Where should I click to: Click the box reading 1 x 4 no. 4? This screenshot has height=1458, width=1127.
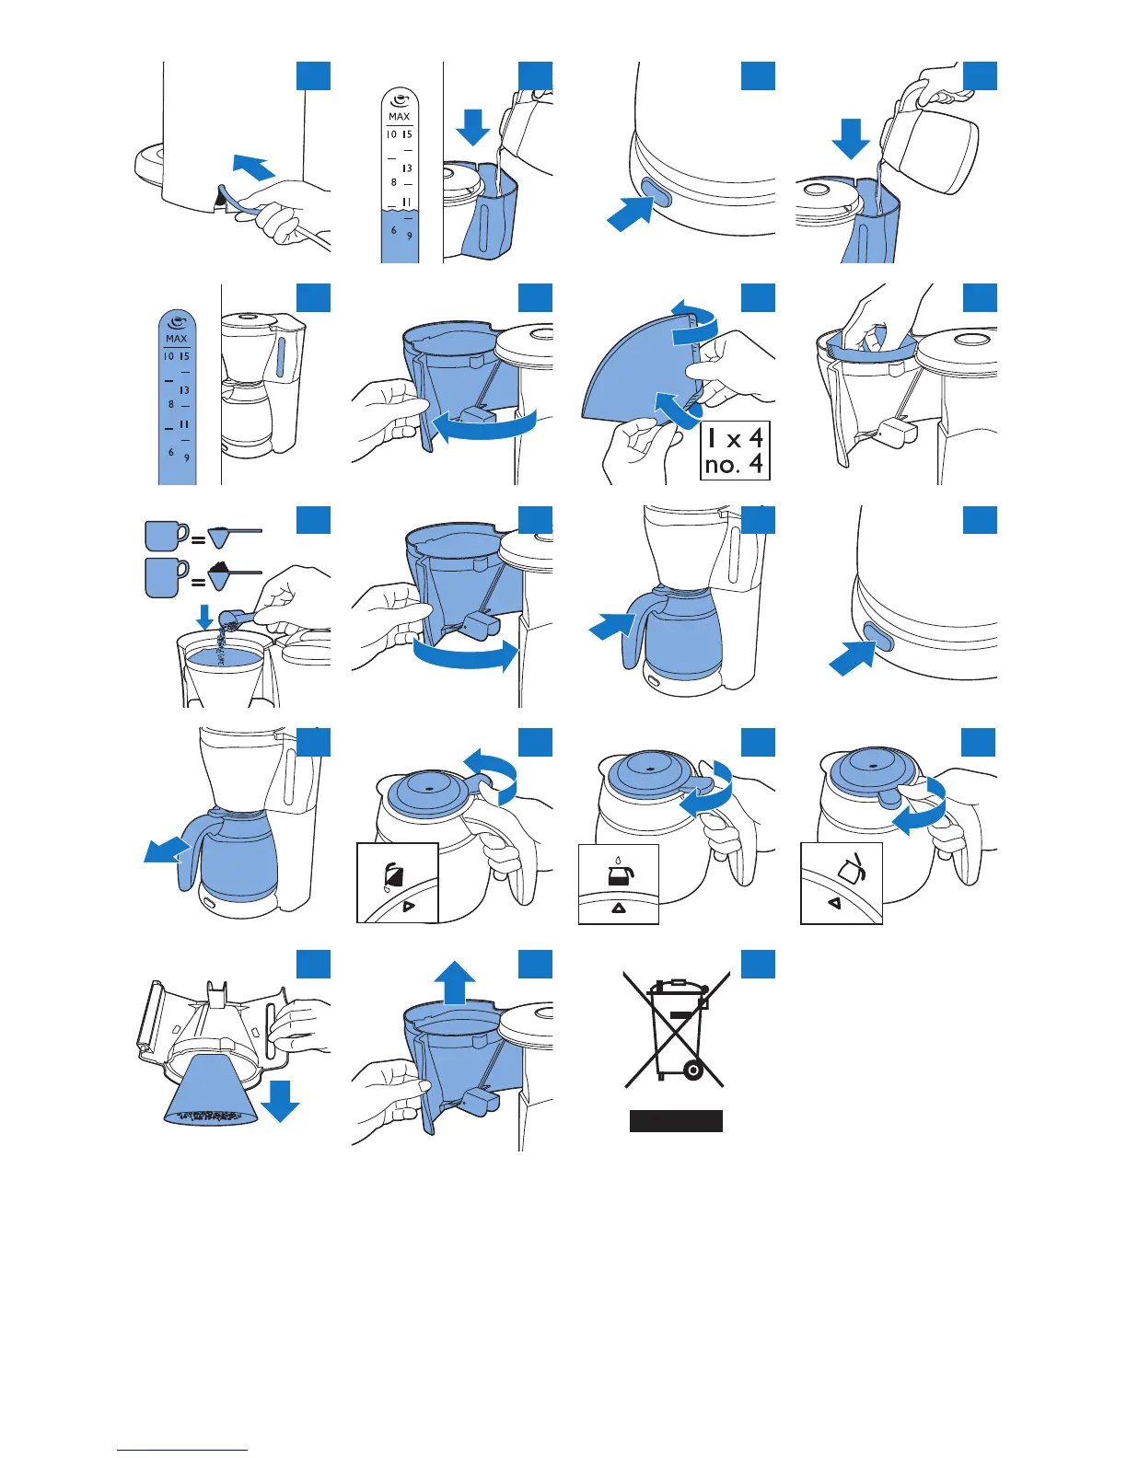pyautogui.click(x=734, y=451)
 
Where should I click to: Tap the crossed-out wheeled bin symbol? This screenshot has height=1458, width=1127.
pyautogui.click(x=677, y=1029)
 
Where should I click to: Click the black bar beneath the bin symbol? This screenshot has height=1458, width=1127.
pyautogui.click(x=676, y=1120)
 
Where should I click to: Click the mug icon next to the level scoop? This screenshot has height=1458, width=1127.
pyautogui.click(x=165, y=536)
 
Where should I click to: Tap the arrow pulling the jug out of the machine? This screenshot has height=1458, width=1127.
pyautogui.click(x=165, y=850)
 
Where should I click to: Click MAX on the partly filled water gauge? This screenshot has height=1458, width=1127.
pyautogui.click(x=399, y=117)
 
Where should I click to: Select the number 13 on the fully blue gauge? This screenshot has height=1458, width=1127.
pyautogui.click(x=184, y=390)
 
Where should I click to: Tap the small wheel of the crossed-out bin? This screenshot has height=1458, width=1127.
pyautogui.click(x=693, y=1070)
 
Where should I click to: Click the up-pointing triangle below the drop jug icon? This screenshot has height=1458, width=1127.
pyautogui.click(x=618, y=908)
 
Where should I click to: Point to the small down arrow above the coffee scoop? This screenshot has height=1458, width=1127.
pyautogui.click(x=205, y=616)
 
